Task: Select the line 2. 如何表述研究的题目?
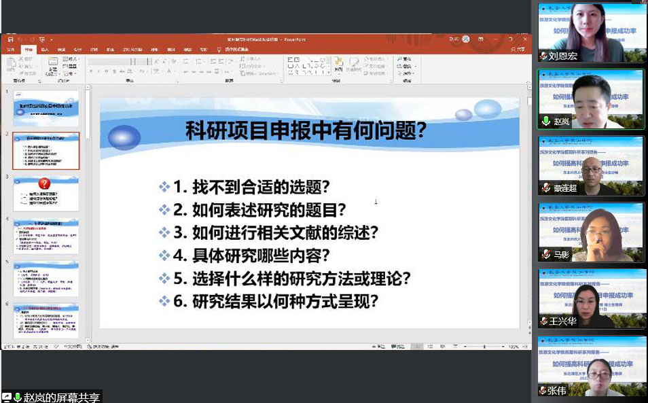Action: (259, 209)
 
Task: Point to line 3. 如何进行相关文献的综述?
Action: (275, 232)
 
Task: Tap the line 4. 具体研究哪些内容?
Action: (251, 256)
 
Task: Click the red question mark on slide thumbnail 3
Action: (45, 183)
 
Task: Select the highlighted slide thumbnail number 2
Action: (46, 150)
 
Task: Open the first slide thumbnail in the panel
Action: (46, 107)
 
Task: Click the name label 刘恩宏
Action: (563, 56)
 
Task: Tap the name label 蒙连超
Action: (564, 188)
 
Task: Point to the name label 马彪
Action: (560, 254)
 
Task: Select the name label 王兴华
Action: (563, 321)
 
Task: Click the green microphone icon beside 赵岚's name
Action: (545, 122)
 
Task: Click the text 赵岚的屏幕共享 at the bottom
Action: (61, 397)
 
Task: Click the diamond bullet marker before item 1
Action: (164, 187)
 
